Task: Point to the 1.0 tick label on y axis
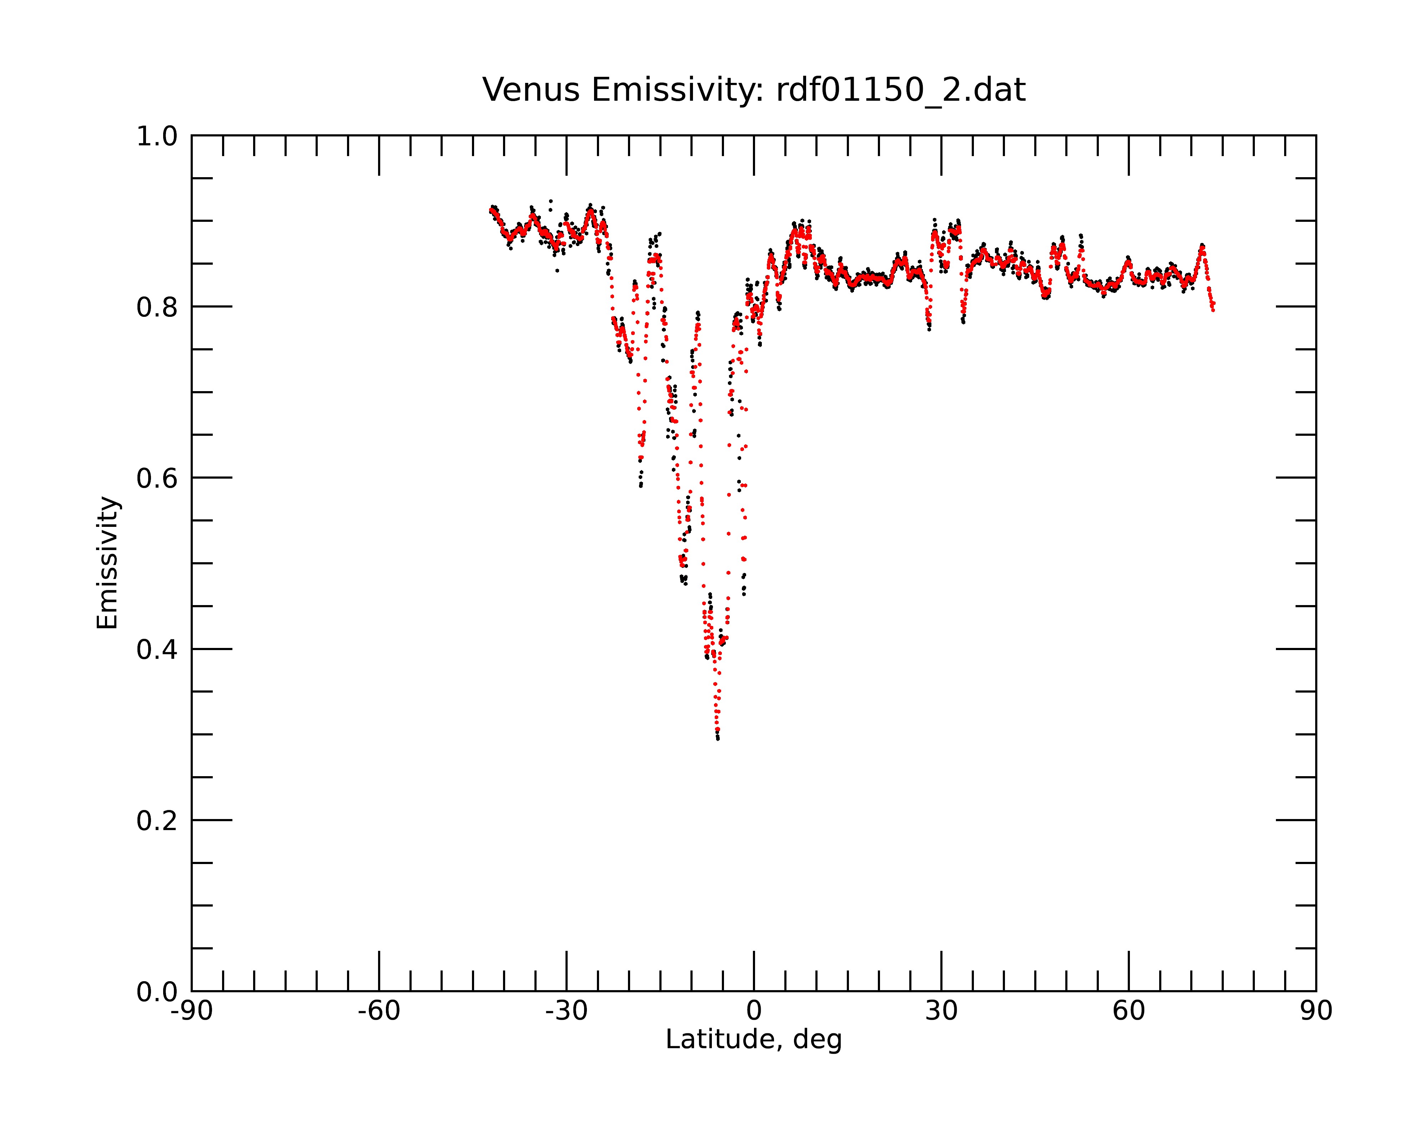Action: (157, 136)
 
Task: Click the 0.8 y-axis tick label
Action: (157, 308)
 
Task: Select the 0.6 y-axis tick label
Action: (157, 478)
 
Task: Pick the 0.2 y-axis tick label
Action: (157, 821)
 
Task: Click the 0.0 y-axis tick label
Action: (157, 992)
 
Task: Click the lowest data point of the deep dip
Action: (718, 738)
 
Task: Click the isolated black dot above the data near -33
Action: (550, 201)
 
